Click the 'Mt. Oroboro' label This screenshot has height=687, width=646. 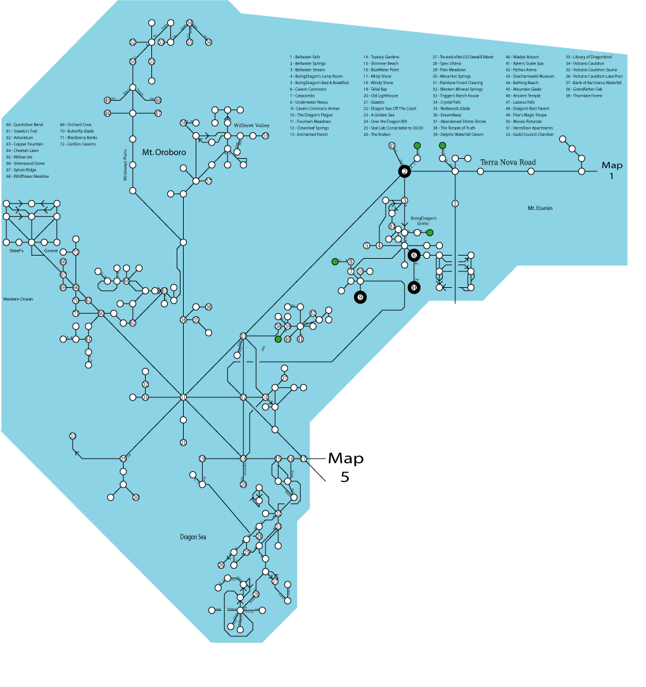(x=159, y=152)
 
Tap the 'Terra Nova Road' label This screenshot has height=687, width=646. (x=508, y=163)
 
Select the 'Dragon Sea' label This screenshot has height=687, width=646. (x=193, y=537)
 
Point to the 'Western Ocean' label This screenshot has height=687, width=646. (x=18, y=299)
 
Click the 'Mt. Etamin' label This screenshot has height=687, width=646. (x=540, y=207)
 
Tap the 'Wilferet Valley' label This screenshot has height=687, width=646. (x=251, y=126)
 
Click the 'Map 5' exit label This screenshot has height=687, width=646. (x=345, y=467)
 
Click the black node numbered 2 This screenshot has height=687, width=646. (x=404, y=171)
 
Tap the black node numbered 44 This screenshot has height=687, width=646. (x=414, y=288)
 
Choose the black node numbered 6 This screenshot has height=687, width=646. (x=414, y=255)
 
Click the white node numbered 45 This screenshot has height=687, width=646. (x=392, y=146)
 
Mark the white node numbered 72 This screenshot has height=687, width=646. (x=76, y=252)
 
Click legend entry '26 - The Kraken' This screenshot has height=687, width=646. (x=376, y=134)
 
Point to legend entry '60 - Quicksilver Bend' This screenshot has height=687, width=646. (x=25, y=125)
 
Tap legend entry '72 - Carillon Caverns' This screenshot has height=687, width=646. (x=78, y=144)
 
